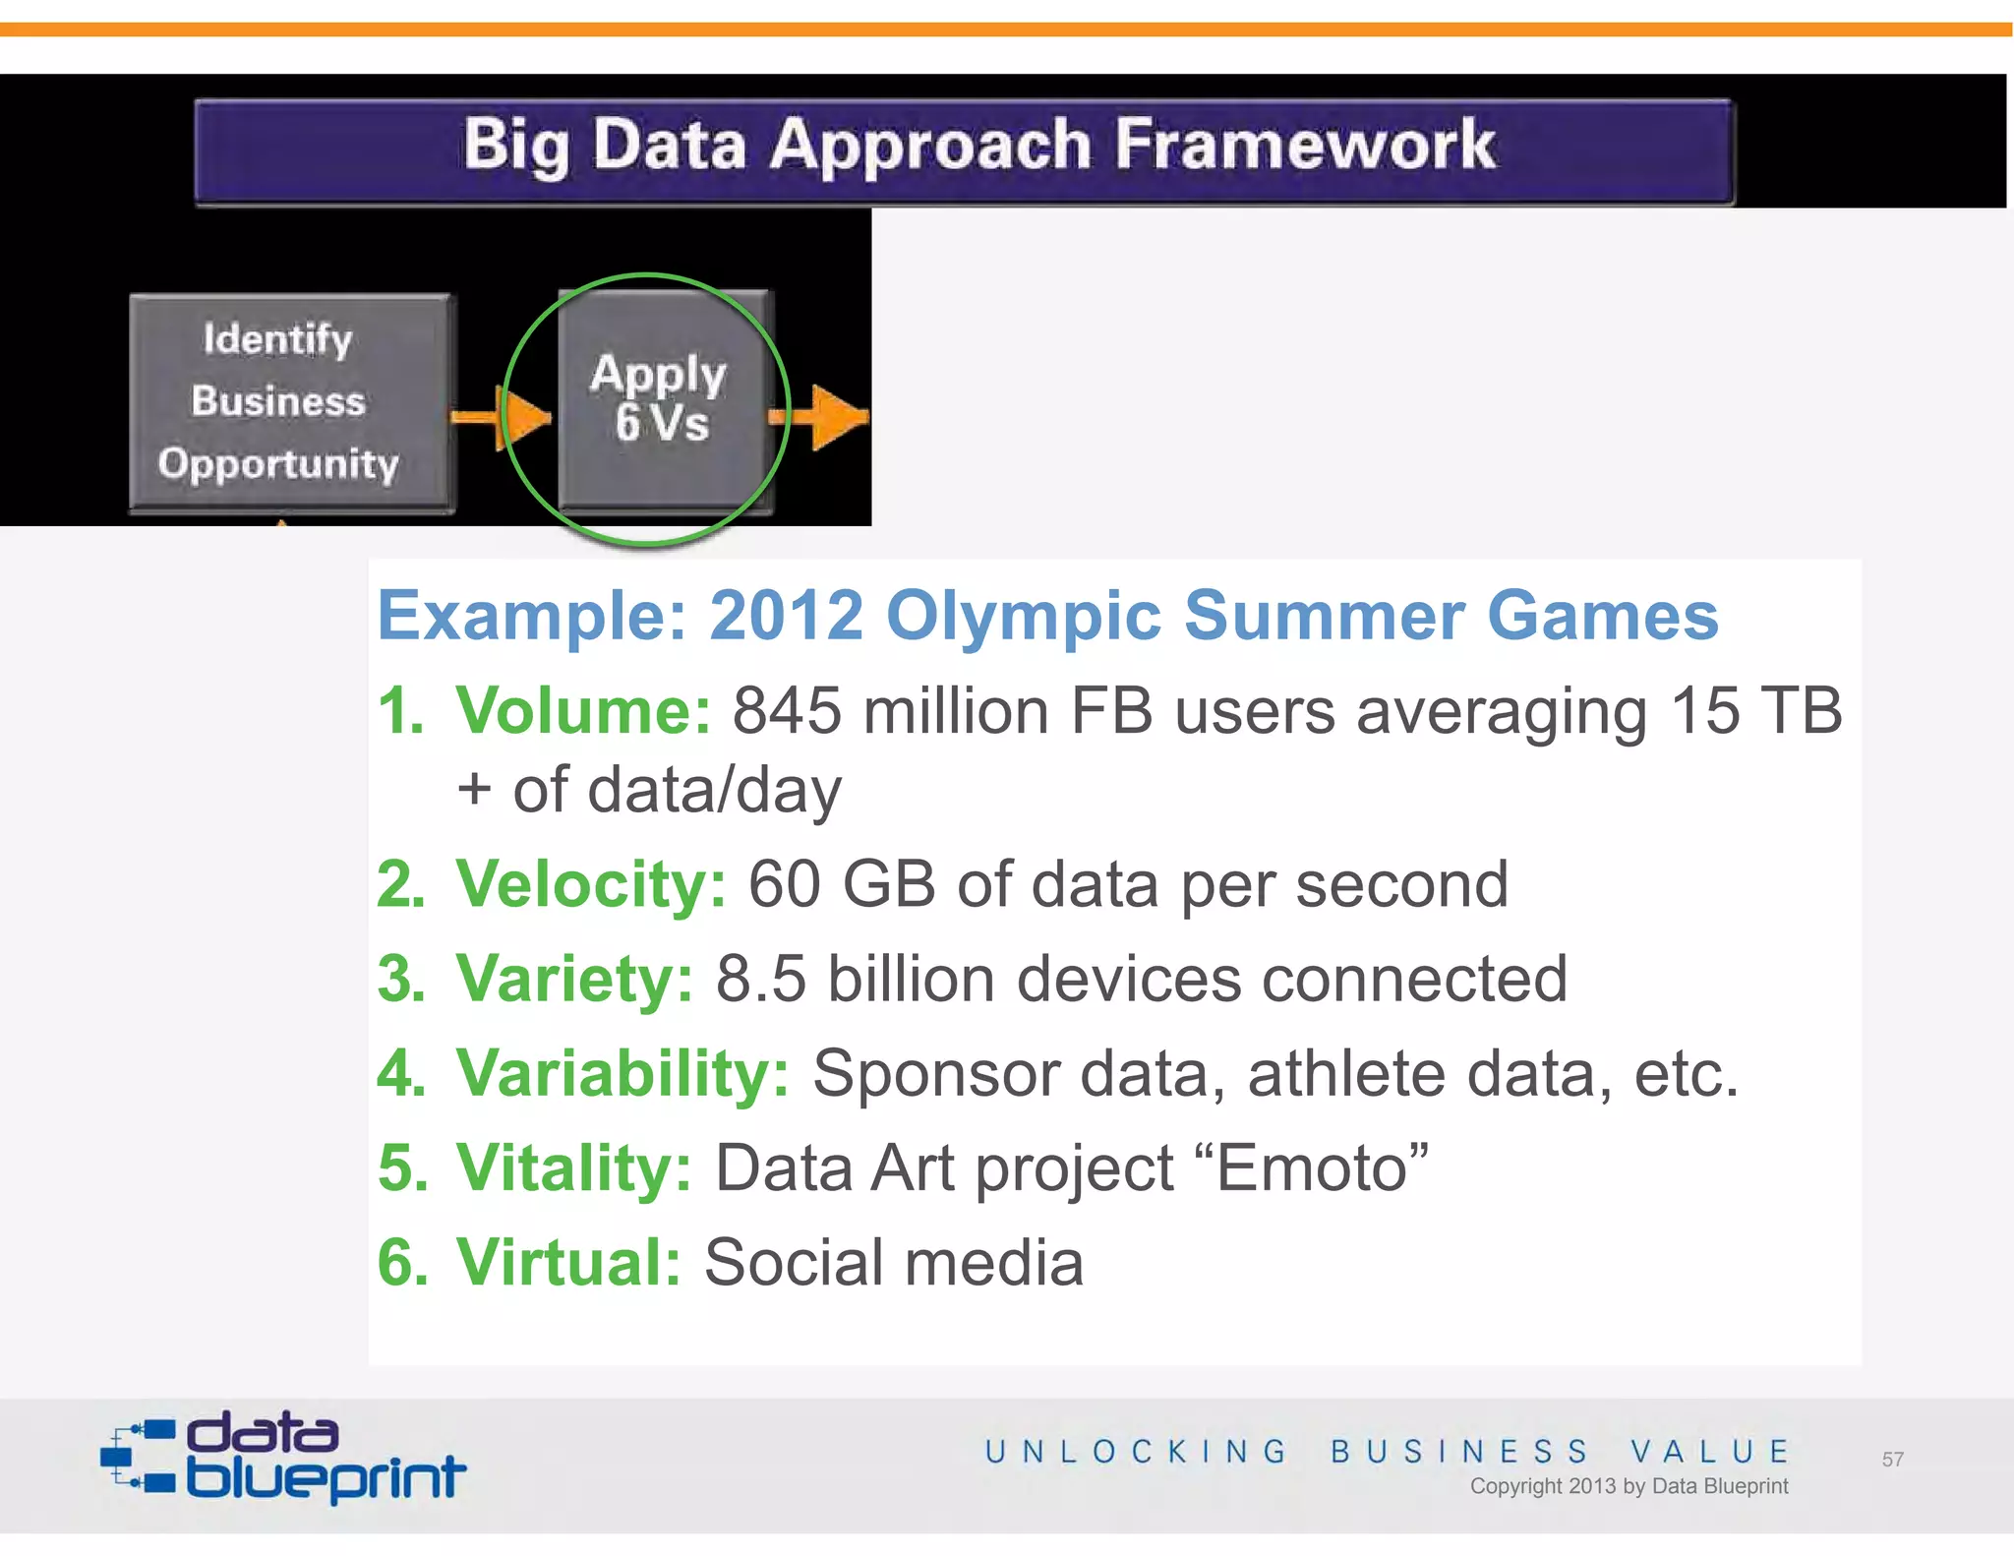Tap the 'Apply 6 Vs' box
pos(663,399)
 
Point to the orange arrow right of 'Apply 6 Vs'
pos(821,417)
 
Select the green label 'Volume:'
pos(583,710)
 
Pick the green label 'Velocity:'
pos(591,884)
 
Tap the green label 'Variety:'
pos(575,979)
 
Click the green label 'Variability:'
pos(622,1073)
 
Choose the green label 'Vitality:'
pos(574,1168)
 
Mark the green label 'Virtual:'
pos(568,1262)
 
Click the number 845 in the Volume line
pos(787,710)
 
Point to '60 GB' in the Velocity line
pos(841,884)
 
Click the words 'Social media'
pos(893,1263)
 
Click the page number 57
pos(1892,1460)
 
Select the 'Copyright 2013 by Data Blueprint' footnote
pos(1629,1486)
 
